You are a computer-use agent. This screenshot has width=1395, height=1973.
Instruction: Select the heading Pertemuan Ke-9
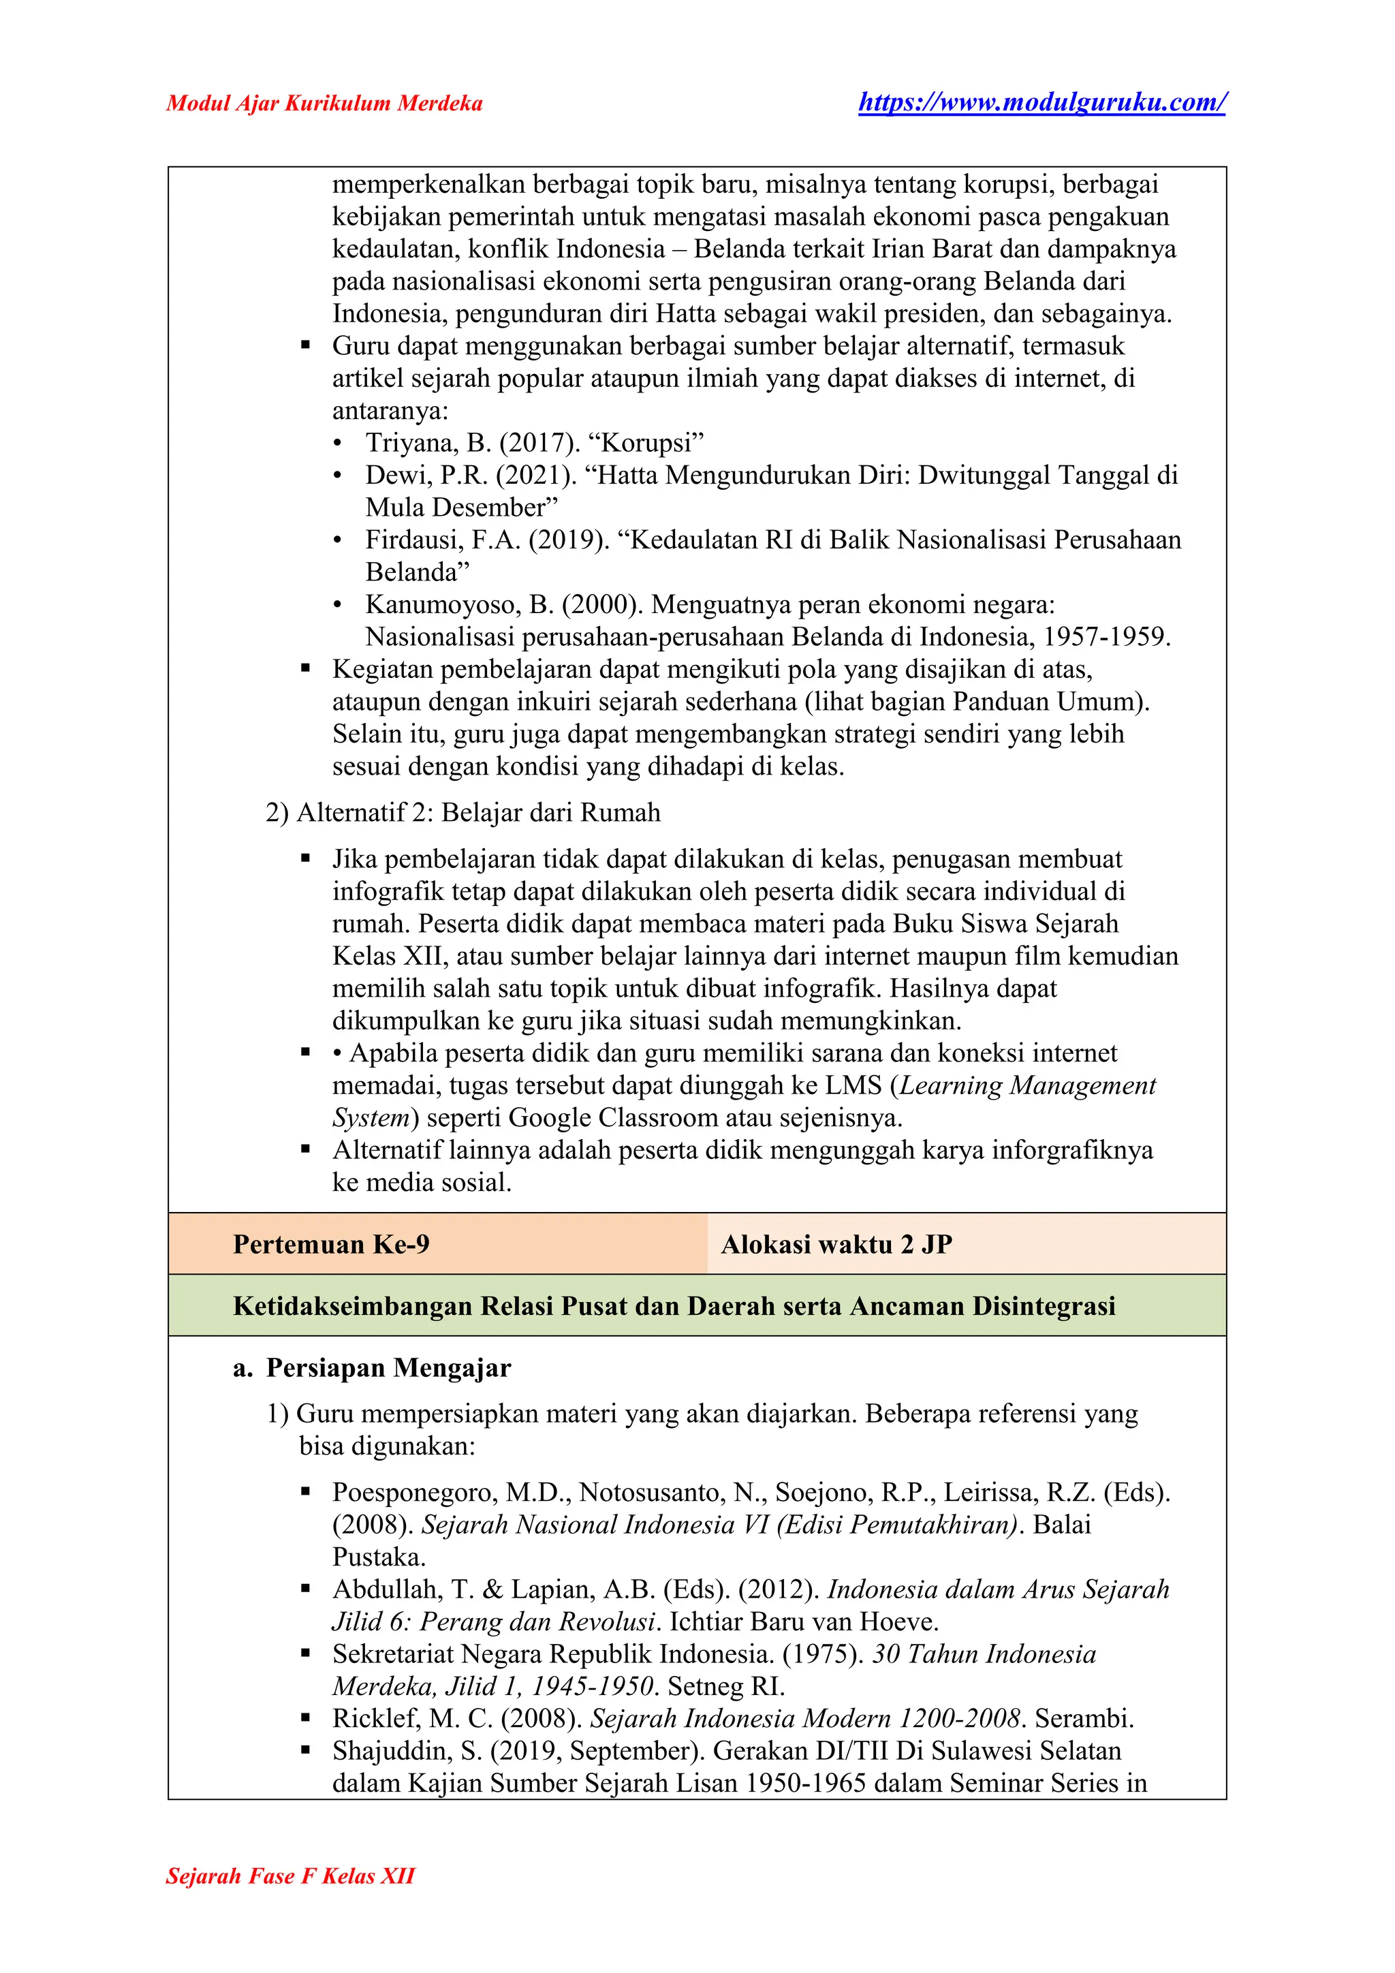click(x=331, y=1244)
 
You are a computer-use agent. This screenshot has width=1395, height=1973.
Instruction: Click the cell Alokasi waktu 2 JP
click(x=836, y=1244)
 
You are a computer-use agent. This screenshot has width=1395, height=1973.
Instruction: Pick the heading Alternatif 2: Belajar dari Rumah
click(x=478, y=813)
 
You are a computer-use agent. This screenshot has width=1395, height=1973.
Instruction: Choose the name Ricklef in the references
click(x=375, y=1720)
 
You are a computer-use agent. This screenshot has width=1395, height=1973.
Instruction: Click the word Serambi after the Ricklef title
click(x=1083, y=1720)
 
